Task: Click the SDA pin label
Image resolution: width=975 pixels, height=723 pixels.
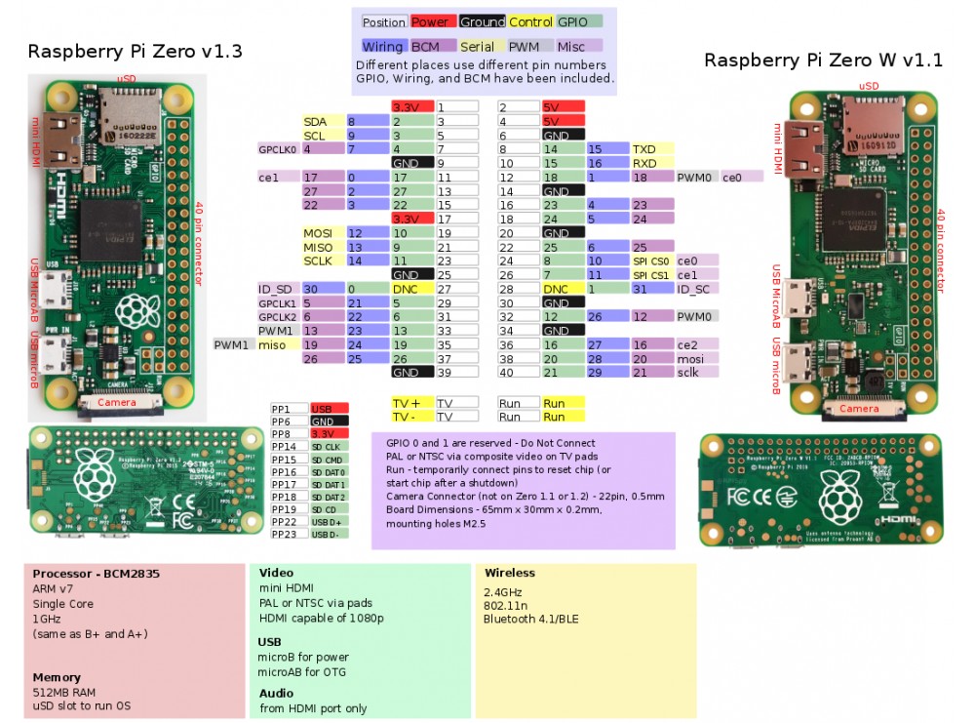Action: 314,121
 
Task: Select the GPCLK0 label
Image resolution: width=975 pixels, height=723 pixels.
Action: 278,149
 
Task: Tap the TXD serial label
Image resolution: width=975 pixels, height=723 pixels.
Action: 643,149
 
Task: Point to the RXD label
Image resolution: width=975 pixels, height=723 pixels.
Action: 643,163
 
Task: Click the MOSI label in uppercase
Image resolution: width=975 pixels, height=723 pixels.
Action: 318,233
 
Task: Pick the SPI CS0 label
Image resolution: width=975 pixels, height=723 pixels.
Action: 651,261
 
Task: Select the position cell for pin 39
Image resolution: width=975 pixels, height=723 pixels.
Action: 456,372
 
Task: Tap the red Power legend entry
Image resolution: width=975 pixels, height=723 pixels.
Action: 430,21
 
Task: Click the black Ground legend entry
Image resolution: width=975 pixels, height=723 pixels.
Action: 482,21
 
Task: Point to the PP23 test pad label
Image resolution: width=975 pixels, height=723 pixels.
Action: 284,534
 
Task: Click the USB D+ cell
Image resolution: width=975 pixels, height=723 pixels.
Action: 328,521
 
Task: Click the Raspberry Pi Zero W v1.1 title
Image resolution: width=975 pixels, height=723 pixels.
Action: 823,60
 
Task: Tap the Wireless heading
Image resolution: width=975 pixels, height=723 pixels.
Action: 510,573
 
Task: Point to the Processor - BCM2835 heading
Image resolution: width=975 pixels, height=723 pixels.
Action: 96,574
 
